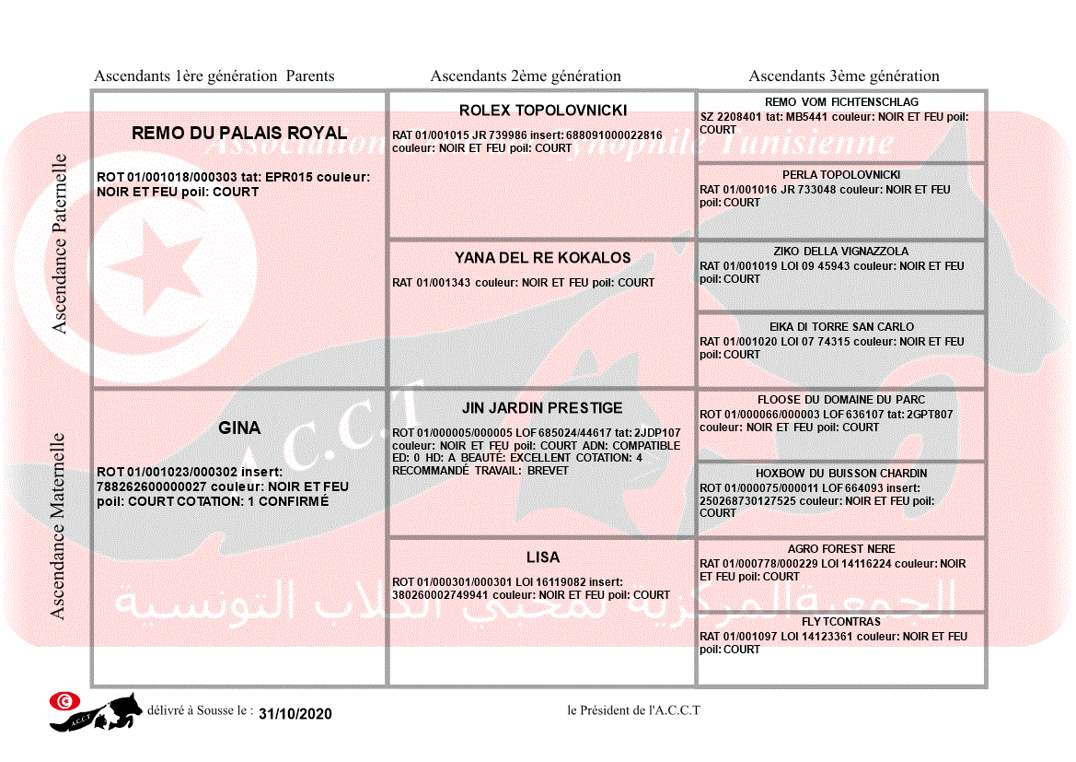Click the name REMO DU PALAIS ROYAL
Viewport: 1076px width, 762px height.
239,134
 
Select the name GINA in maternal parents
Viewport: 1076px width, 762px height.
239,428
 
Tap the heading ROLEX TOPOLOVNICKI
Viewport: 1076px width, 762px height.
543,111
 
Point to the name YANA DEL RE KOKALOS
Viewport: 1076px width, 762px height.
543,259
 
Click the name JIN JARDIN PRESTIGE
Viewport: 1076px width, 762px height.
542,408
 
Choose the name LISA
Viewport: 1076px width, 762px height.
543,558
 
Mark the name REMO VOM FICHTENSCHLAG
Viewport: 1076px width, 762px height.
841,102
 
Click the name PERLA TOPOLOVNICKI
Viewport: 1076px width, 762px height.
841,175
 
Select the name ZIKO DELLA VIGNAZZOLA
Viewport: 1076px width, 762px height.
841,252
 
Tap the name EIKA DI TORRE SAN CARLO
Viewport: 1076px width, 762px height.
841,327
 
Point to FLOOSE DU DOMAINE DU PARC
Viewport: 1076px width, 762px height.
841,401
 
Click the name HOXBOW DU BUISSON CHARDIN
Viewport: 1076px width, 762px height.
841,474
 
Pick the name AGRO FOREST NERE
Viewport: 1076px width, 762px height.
841,549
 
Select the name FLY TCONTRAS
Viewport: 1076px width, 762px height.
841,622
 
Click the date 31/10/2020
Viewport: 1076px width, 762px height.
295,714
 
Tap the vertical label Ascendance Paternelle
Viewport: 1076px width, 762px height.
60,244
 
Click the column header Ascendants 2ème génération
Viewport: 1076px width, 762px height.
526,76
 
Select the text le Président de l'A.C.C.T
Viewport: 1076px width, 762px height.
633,710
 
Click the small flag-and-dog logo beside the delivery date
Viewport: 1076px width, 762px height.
96,711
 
